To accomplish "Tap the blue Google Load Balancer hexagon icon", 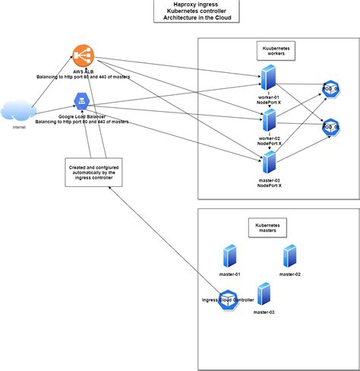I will [x=82, y=100].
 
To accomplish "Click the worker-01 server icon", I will [x=268, y=79].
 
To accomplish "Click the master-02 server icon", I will [x=289, y=257].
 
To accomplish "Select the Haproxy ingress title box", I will [x=191, y=11].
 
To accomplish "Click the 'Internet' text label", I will [x=20, y=128].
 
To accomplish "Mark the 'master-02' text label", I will [x=290, y=274].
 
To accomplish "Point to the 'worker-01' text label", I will [x=269, y=97].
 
